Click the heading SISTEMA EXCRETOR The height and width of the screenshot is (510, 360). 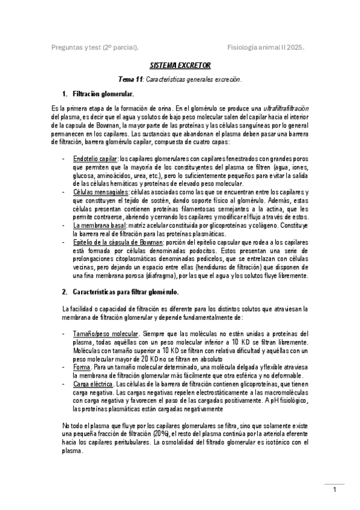[180, 65]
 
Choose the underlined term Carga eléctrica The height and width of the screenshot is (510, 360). [93, 384]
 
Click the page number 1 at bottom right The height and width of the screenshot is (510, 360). [335, 490]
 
